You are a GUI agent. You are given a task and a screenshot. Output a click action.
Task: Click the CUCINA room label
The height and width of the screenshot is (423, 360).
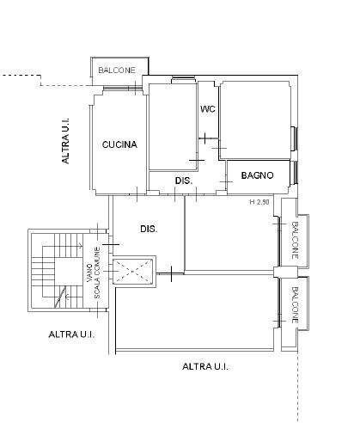coord(119,144)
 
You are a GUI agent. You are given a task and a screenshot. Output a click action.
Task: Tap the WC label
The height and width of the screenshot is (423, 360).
coord(208,109)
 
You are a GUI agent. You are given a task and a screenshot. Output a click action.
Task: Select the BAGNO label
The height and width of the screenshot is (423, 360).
coord(257,175)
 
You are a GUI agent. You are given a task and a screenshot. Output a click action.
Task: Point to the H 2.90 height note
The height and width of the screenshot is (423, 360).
coord(259,202)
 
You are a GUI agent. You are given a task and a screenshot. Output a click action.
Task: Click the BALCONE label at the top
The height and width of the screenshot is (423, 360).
coord(117,70)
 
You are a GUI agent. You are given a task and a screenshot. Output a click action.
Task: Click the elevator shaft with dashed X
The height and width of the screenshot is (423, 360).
coord(133,270)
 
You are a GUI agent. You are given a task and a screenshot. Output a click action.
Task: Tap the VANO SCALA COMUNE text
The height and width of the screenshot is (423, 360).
coord(94,273)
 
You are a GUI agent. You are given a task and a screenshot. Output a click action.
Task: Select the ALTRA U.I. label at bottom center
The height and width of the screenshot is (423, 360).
coord(205,366)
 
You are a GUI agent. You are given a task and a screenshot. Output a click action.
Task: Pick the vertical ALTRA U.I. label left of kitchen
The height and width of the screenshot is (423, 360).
coord(65,140)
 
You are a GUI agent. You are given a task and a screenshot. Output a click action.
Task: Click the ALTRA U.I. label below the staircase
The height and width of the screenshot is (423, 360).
coord(71,334)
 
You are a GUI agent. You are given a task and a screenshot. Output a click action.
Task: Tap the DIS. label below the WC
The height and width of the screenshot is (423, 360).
coord(184,181)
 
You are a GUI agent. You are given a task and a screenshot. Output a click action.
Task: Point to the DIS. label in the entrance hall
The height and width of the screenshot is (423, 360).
coord(149,229)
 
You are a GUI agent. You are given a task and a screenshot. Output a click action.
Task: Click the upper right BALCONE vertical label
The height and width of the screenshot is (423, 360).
coord(295,240)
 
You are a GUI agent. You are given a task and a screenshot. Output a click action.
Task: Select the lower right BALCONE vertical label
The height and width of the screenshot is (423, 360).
coord(295,305)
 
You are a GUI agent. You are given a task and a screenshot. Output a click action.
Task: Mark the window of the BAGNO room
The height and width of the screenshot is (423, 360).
coord(294,172)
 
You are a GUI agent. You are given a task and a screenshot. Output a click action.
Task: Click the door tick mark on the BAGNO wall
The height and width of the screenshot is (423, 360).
coord(226,181)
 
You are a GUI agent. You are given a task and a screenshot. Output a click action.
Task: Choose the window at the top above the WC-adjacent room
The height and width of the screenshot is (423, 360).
coord(183,80)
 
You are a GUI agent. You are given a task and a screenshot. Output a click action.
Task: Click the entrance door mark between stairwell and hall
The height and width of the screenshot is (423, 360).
coord(110,244)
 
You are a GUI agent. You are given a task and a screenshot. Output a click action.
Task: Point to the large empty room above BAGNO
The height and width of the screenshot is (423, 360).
coord(255,120)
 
